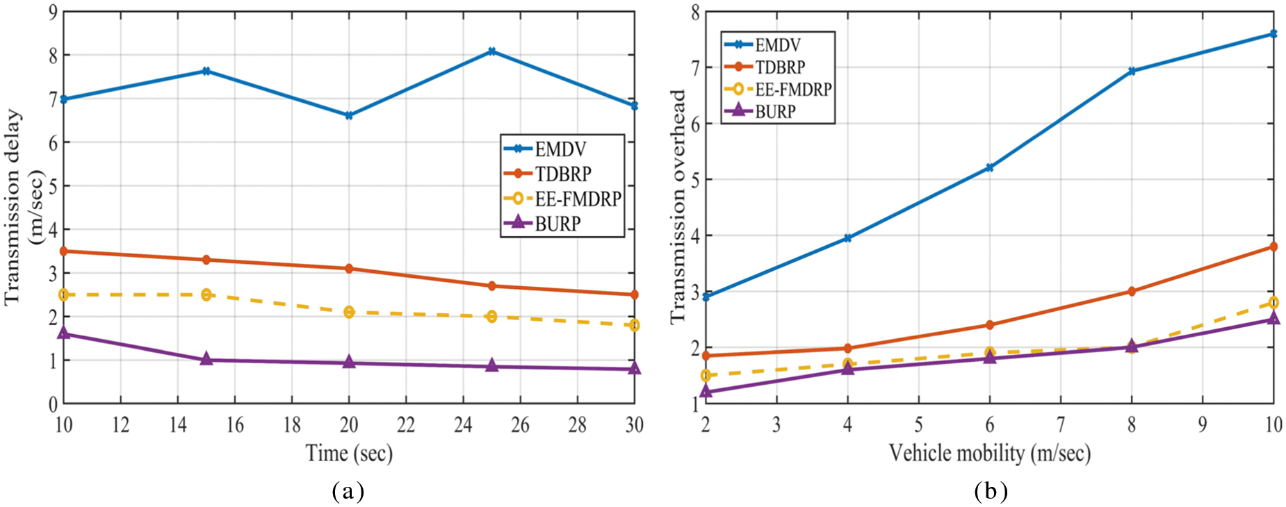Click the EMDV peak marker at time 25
(x=491, y=51)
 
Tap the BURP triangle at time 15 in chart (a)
(x=206, y=359)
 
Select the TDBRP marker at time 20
(x=349, y=268)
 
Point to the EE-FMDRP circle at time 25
(x=491, y=316)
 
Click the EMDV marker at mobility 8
(x=1132, y=71)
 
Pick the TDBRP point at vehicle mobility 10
(x=1273, y=247)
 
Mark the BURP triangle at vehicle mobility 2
(x=706, y=392)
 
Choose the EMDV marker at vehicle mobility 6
(x=990, y=167)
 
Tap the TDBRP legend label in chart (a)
(x=562, y=174)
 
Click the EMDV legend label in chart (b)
(x=778, y=45)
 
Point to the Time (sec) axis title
(x=349, y=454)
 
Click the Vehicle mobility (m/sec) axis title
(x=989, y=454)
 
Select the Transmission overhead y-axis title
(x=678, y=206)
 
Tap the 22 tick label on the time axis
(x=406, y=425)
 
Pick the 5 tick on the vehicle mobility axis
(x=918, y=425)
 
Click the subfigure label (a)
(x=348, y=492)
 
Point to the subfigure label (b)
(x=990, y=492)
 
